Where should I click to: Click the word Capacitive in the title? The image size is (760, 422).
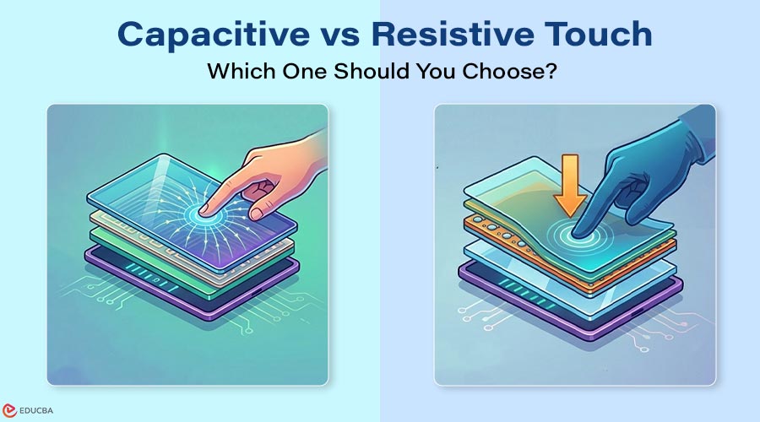(x=214, y=35)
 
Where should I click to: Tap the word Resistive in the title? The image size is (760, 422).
(x=453, y=34)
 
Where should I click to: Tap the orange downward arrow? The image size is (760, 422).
(x=571, y=185)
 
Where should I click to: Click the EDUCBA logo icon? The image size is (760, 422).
(x=9, y=411)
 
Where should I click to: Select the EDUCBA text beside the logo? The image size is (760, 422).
(x=35, y=411)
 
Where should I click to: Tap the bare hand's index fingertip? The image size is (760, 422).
(x=204, y=209)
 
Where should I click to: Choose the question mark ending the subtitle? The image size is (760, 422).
(x=551, y=71)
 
